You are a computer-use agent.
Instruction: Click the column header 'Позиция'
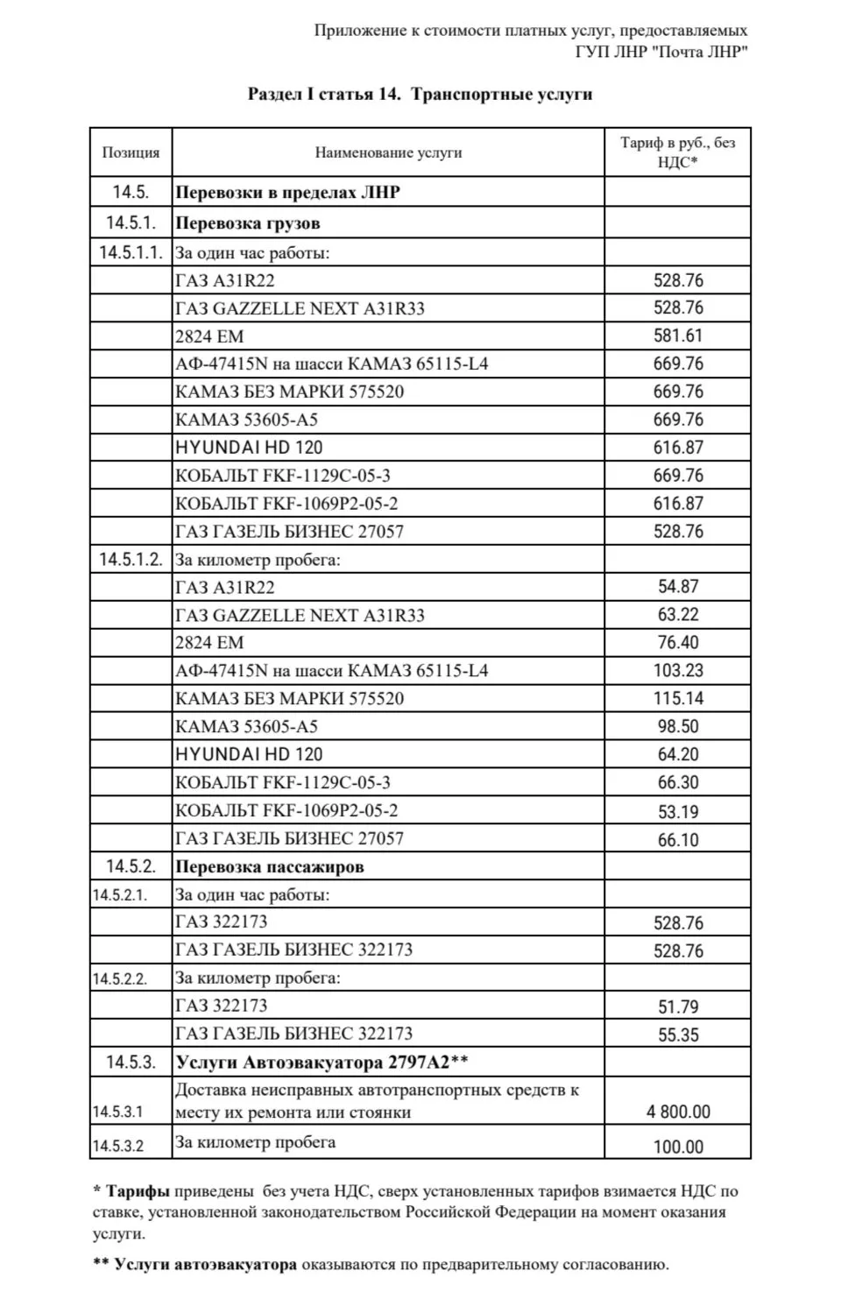click(131, 152)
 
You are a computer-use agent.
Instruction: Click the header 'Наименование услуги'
click(388, 152)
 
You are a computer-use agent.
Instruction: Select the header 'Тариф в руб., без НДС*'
click(677, 152)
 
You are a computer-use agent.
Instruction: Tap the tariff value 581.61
click(678, 335)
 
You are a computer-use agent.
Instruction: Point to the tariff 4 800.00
click(678, 1112)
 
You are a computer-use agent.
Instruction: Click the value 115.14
click(678, 698)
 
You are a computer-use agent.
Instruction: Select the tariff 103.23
click(678, 670)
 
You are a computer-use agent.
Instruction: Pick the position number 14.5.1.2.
click(131, 559)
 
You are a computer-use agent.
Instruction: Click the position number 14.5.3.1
click(118, 1112)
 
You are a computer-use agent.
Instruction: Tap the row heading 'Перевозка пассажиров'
click(269, 867)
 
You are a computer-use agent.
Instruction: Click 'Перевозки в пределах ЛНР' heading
click(287, 193)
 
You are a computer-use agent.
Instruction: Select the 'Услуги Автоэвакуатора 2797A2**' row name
click(322, 1063)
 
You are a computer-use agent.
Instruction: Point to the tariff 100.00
click(678, 1147)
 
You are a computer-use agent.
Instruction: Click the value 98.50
click(678, 726)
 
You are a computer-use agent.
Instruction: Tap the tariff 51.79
click(678, 1006)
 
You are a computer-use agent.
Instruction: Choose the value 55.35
click(678, 1034)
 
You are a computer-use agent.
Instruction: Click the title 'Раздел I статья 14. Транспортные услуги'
click(420, 95)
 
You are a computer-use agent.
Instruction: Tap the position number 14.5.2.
click(131, 866)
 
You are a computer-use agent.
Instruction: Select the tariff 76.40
click(678, 642)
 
